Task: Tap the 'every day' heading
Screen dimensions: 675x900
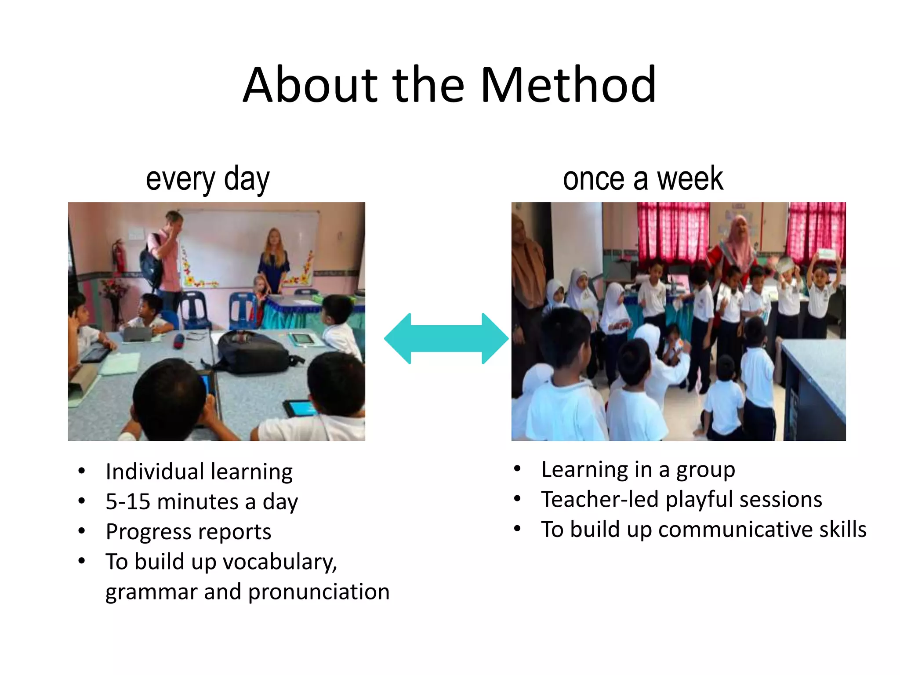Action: pos(207,179)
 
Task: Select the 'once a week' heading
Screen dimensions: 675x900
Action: pos(642,179)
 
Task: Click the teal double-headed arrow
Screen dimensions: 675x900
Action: pos(446,338)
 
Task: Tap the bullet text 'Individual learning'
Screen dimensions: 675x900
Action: pos(199,472)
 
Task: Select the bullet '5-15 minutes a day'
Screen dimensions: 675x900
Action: pos(202,501)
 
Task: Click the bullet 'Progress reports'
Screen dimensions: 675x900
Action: pos(189,532)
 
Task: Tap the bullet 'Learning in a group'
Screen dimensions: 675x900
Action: pos(638,470)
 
